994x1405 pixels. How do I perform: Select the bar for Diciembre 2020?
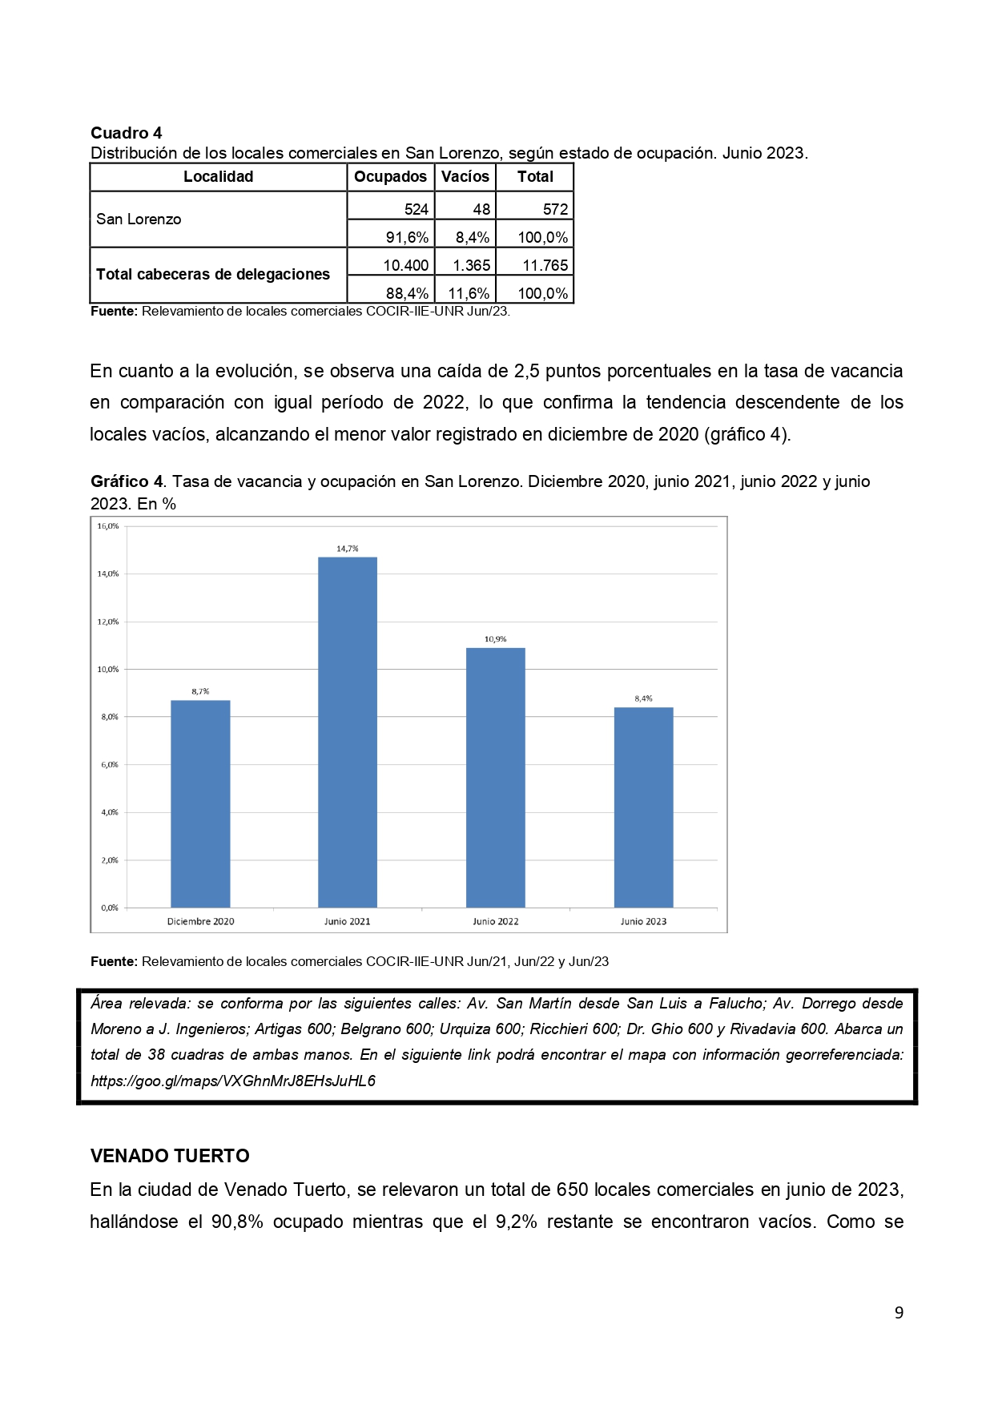coord(200,803)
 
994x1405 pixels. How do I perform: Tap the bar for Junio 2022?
coord(495,777)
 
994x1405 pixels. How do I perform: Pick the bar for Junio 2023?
coord(643,807)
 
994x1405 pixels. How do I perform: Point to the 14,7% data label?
coord(348,549)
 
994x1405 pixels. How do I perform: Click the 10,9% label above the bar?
coord(495,639)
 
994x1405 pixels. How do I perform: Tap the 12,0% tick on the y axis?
coord(108,622)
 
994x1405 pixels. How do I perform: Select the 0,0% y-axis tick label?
coord(109,908)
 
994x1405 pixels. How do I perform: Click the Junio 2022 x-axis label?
coord(495,921)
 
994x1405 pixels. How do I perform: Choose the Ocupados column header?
coord(390,177)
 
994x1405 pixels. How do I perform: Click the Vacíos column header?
coord(465,177)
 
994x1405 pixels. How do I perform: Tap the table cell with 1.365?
coord(468,265)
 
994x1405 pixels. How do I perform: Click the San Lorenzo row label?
coord(139,219)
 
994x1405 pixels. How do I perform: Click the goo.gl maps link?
coord(233,1081)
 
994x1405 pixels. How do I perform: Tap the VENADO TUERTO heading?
coord(170,1156)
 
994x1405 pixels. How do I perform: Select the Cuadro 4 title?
coord(126,133)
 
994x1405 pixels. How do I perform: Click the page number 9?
coord(899,1312)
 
